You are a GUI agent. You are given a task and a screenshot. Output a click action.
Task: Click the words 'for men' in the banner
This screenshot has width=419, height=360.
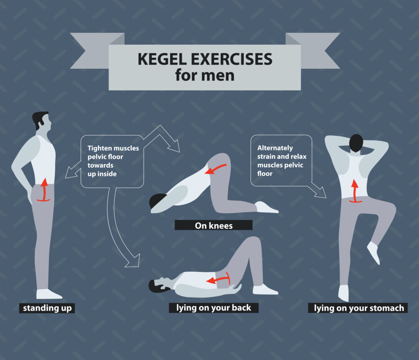[205, 76]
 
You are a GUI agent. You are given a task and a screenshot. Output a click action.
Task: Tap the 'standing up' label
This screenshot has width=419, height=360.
[47, 308]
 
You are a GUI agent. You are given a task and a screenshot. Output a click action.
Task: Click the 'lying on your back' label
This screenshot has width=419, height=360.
[214, 308]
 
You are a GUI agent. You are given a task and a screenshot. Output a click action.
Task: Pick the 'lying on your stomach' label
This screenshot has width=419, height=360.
[358, 308]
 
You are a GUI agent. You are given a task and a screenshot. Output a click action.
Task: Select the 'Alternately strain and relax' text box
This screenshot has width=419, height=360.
[282, 161]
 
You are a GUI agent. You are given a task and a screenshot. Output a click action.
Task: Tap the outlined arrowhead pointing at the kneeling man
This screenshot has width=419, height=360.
[175, 146]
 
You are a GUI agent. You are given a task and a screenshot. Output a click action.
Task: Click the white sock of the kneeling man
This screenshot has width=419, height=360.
[265, 207]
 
